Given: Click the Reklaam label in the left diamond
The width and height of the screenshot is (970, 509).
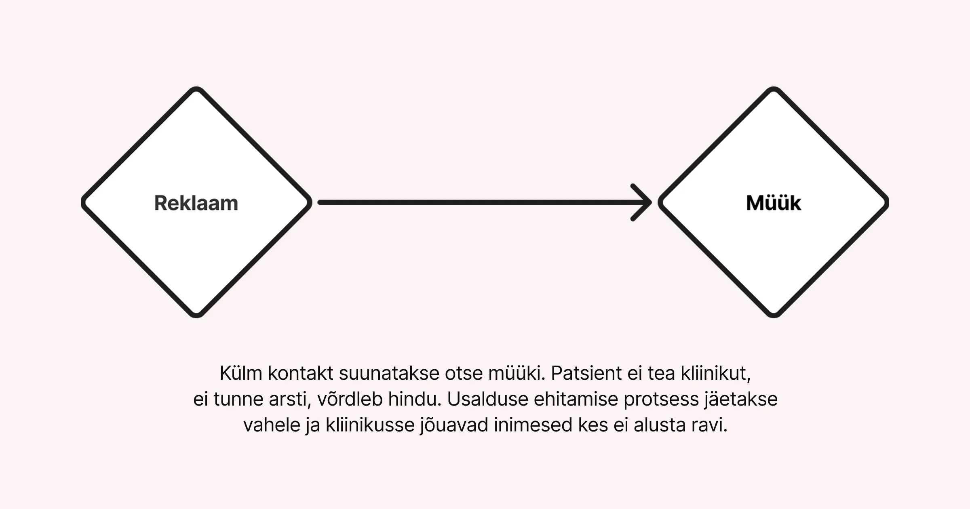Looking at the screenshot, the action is point(196,203).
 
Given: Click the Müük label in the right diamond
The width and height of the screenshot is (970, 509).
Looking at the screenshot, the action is point(773,203).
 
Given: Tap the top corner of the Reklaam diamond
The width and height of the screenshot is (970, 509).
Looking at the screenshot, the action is point(196,87).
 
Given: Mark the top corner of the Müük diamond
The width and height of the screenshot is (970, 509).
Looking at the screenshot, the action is point(774,87).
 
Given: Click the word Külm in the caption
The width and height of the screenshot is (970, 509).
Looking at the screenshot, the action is point(241,373).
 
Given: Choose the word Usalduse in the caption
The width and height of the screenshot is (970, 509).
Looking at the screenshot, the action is point(487,399).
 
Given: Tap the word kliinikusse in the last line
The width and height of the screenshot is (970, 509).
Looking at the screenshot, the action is point(370,425).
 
